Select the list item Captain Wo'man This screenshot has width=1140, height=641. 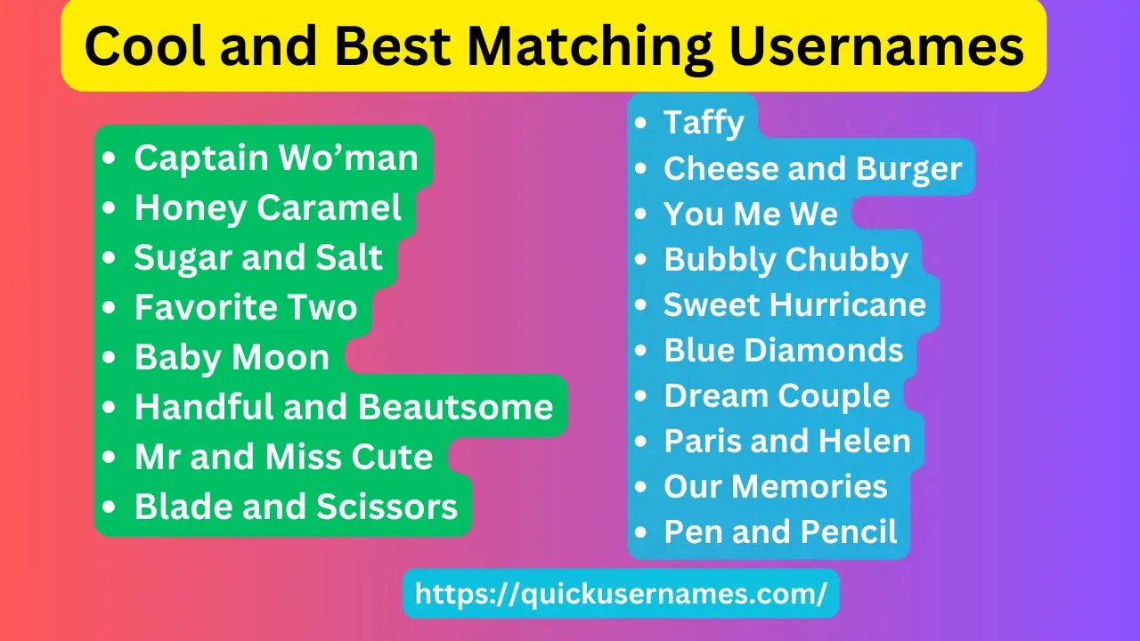point(276,158)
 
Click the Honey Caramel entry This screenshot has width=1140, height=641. point(268,208)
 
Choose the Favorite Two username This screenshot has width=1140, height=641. point(246,308)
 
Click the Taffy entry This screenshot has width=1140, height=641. point(704,123)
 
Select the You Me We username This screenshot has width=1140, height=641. point(751,215)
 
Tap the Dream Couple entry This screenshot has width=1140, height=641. point(777,396)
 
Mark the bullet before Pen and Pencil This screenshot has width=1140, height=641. point(641,532)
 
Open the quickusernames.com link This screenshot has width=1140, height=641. point(621,594)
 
